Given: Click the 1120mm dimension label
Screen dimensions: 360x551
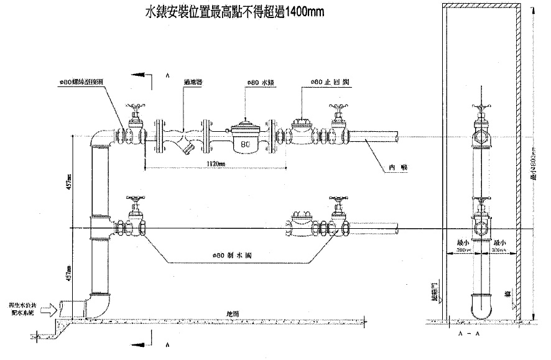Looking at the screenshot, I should pyautogui.click(x=215, y=164).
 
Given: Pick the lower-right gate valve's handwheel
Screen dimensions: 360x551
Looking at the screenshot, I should pyautogui.click(x=338, y=200).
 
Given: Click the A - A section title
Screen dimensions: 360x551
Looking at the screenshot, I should pyautogui.click(x=469, y=333).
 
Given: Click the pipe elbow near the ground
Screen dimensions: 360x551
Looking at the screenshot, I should pyautogui.click(x=100, y=305).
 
